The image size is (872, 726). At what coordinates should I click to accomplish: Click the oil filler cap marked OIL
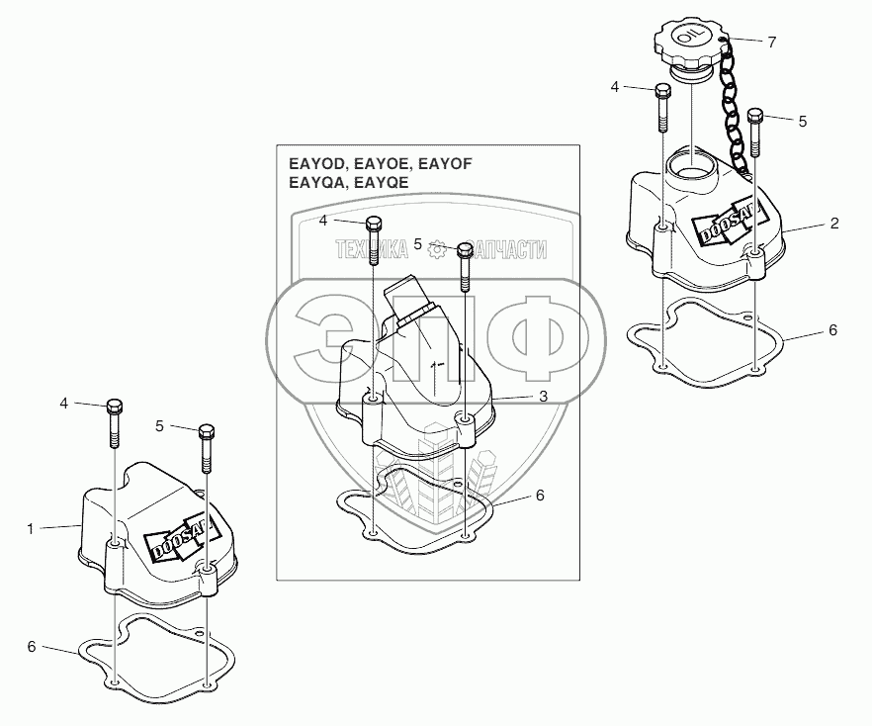tap(689, 45)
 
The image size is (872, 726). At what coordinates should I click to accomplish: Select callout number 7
tap(771, 42)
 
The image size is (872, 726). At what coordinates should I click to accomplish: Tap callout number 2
tap(834, 225)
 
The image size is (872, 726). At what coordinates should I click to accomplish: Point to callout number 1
tap(31, 529)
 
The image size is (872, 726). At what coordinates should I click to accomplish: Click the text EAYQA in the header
tap(312, 183)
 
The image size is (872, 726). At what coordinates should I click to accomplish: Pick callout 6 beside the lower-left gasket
tap(31, 646)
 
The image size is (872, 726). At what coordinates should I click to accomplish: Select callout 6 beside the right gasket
tap(832, 330)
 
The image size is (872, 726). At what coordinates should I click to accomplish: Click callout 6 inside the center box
tap(540, 495)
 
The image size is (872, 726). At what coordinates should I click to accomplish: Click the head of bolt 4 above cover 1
tap(113, 406)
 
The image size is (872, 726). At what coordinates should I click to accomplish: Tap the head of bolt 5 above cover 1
tap(206, 431)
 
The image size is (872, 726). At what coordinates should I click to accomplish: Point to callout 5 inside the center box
tap(418, 242)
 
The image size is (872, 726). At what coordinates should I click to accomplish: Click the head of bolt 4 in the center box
tap(374, 223)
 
